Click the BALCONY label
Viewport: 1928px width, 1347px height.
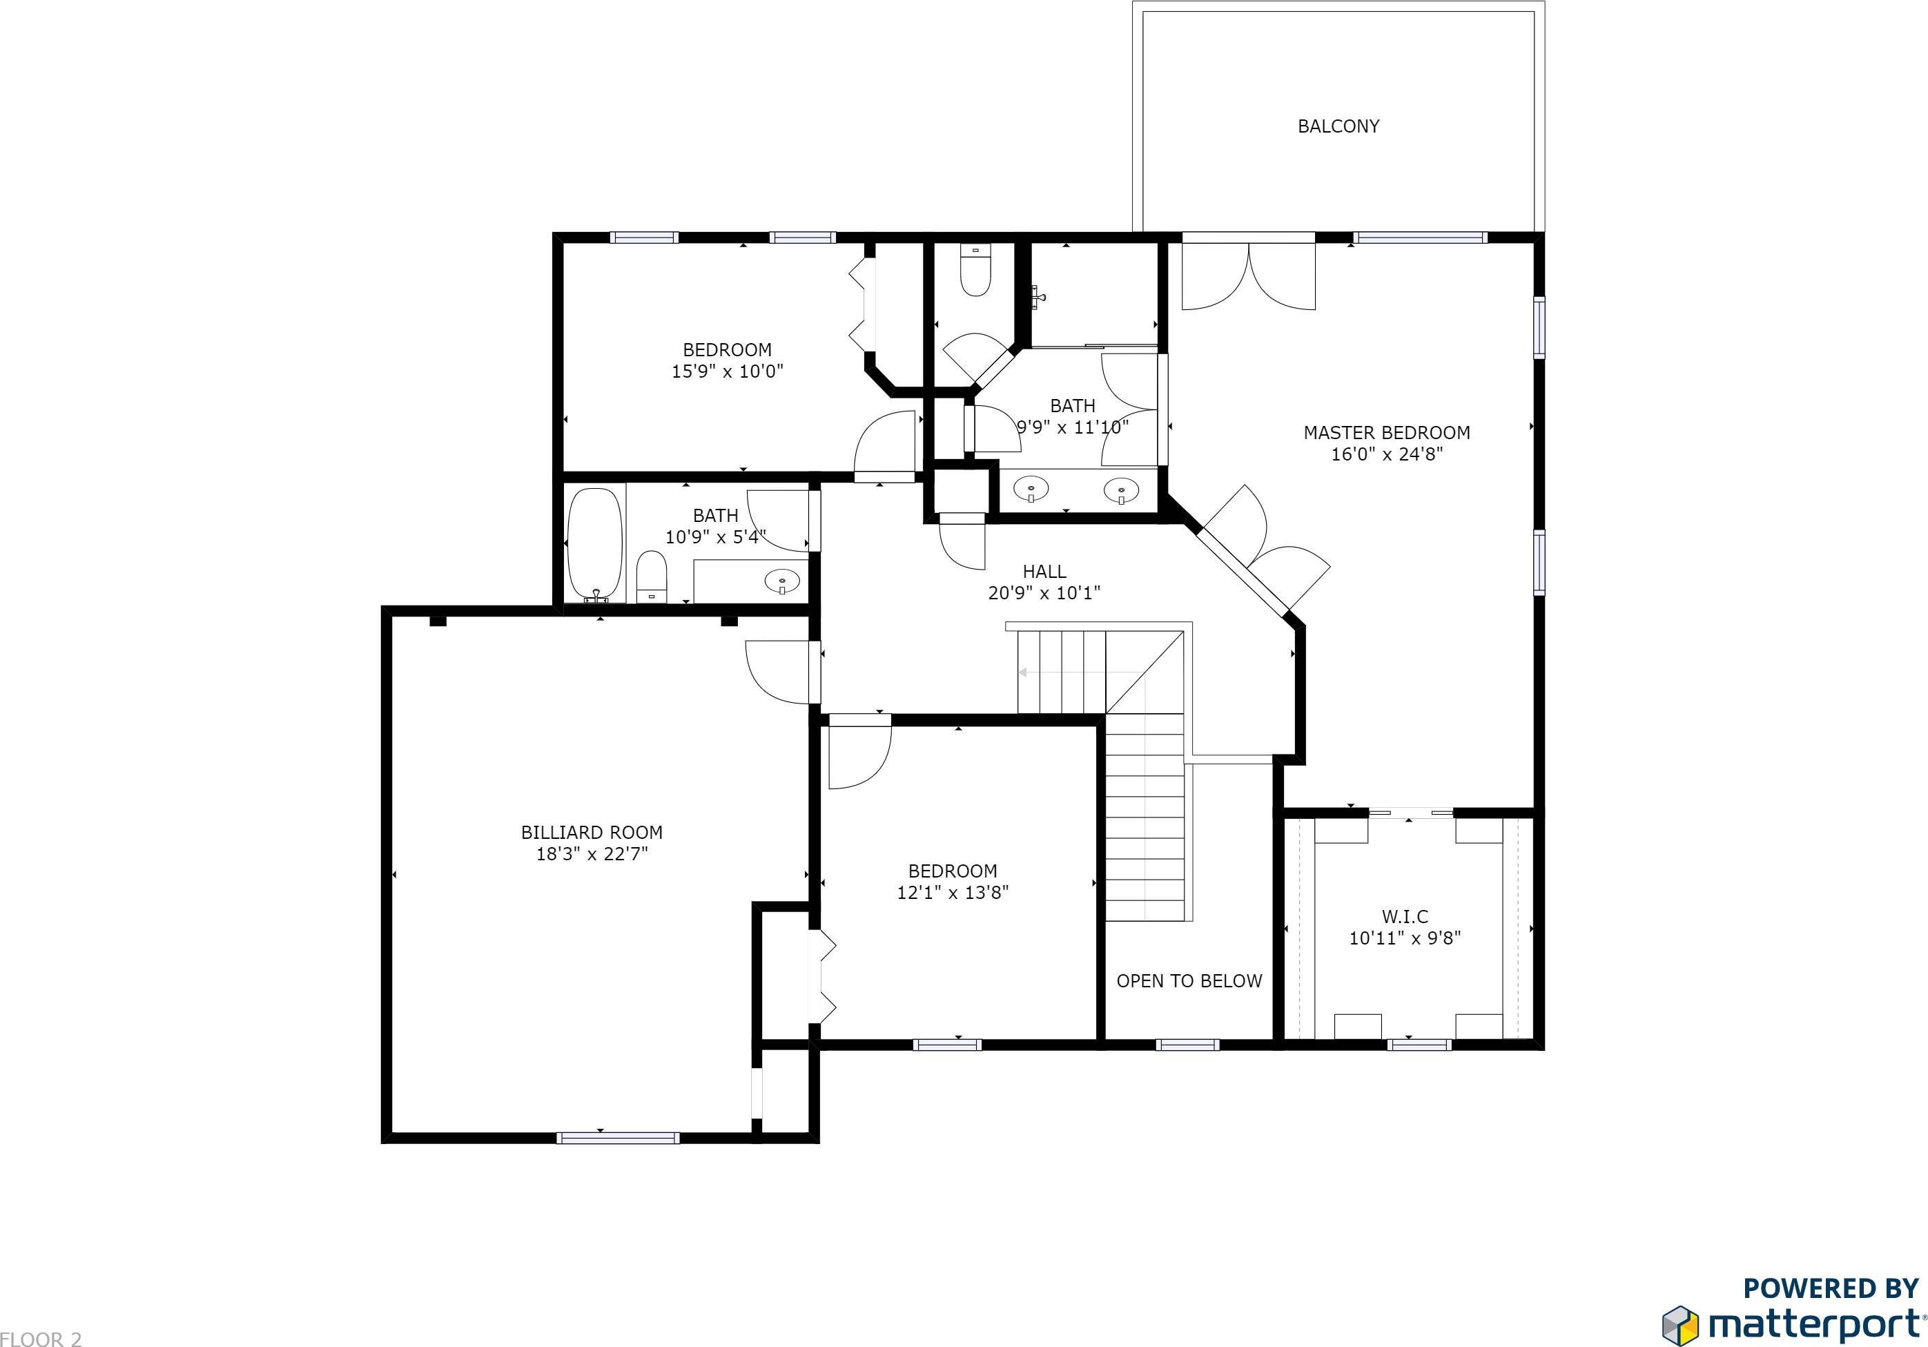point(1338,126)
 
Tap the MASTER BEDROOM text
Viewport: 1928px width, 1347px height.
point(1386,432)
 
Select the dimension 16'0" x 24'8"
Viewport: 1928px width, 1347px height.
point(1386,454)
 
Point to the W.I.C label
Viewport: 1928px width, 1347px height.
point(1405,916)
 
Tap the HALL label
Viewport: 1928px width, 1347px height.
point(1044,571)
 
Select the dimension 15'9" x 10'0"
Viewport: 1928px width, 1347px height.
point(726,371)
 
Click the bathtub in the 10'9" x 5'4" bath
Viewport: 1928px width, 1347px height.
point(594,543)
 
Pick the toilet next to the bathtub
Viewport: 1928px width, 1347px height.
point(651,577)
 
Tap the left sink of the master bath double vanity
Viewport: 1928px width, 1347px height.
point(1031,489)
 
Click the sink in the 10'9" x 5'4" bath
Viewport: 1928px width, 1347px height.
point(783,580)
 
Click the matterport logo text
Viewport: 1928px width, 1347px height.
point(1814,1324)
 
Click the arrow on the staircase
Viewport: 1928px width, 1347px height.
point(1023,672)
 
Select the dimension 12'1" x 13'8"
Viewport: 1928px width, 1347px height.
point(952,893)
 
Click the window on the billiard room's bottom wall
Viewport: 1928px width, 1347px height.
point(617,1138)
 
